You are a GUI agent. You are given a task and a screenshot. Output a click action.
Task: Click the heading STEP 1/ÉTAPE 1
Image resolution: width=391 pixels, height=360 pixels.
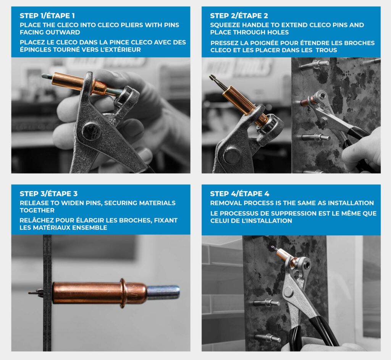[x=47, y=16]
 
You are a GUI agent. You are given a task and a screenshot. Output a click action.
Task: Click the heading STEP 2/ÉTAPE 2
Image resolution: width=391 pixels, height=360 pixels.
[x=239, y=16]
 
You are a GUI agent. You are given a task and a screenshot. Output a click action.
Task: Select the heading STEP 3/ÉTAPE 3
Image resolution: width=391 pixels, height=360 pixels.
[x=48, y=194]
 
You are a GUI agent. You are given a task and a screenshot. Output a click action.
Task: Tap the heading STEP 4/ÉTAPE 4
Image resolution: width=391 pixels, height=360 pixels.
[x=239, y=194]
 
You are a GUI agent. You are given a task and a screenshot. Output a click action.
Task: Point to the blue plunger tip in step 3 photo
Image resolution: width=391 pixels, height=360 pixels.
[x=163, y=292]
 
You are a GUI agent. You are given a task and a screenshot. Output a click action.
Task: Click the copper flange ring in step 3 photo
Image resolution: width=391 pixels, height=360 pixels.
[x=123, y=293]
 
